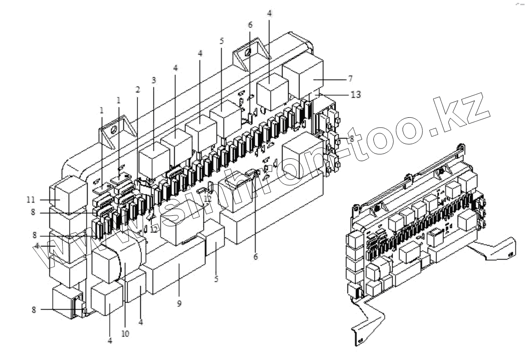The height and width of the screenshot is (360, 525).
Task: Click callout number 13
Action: (355, 95)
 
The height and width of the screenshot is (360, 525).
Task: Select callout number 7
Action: (350, 78)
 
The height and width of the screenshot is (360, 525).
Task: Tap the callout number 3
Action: (153, 81)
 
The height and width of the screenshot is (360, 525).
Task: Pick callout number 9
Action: (179, 304)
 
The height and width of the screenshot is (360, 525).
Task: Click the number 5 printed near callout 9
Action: (216, 279)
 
